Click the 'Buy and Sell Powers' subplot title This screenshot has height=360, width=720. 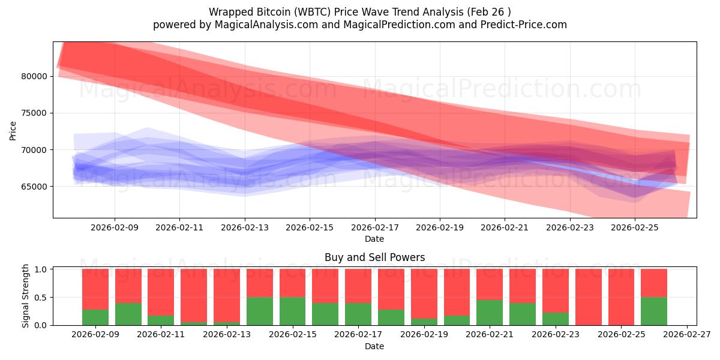(x=374, y=257)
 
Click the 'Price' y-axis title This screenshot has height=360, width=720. (x=13, y=130)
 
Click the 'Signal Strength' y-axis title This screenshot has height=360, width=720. (x=25, y=296)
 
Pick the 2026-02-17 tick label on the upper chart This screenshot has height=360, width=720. (x=375, y=228)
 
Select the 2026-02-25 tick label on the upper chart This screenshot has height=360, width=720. (x=635, y=228)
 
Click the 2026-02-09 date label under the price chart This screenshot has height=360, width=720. (x=115, y=228)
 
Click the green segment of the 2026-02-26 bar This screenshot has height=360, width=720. (x=654, y=311)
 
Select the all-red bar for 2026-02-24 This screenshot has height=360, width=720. (x=588, y=297)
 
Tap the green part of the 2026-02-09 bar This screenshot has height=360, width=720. (x=95, y=317)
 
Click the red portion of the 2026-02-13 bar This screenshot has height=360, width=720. (x=226, y=294)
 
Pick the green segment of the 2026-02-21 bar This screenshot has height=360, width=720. (x=490, y=313)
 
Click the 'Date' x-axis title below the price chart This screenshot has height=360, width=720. (x=374, y=239)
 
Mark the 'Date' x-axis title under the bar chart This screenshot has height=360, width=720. (x=374, y=346)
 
